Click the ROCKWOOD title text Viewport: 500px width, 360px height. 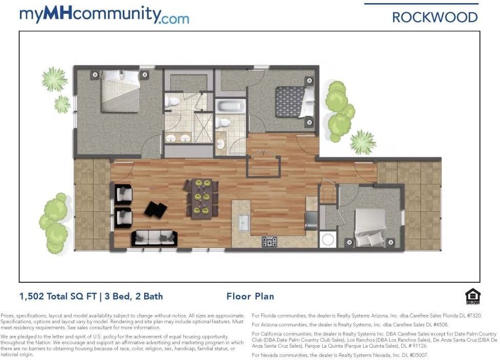[435, 17]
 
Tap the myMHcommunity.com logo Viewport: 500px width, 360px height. [104, 14]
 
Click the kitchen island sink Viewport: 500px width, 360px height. [244, 222]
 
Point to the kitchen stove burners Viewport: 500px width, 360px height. [269, 242]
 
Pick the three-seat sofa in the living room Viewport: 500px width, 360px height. [154, 238]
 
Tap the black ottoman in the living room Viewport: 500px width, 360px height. [156, 210]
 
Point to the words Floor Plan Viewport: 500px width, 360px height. [251, 297]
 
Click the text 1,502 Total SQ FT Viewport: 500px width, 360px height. [58, 297]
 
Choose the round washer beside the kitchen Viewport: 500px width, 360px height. [328, 240]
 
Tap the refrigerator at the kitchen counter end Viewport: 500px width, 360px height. [312, 220]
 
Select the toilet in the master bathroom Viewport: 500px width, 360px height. [172, 102]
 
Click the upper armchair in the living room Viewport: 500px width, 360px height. [123, 194]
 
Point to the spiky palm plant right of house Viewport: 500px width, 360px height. [363, 142]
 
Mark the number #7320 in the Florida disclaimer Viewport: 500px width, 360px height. [474, 316]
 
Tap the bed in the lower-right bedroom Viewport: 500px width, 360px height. [371, 228]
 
